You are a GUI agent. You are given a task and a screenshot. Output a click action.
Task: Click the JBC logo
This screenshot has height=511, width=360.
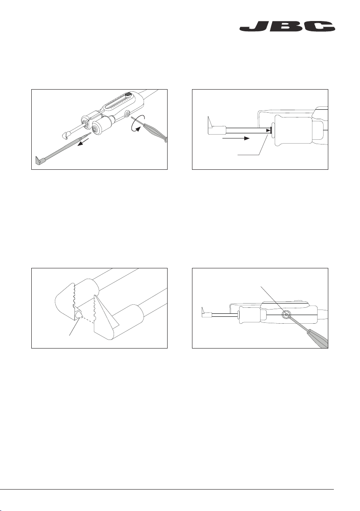(x=287, y=27)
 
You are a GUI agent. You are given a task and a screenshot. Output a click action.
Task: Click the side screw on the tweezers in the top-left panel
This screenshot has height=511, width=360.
(x=127, y=114)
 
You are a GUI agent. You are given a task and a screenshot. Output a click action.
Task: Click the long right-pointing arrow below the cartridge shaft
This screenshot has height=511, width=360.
(x=236, y=138)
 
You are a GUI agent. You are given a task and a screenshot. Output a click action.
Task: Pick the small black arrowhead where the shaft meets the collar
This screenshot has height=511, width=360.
(x=269, y=130)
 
